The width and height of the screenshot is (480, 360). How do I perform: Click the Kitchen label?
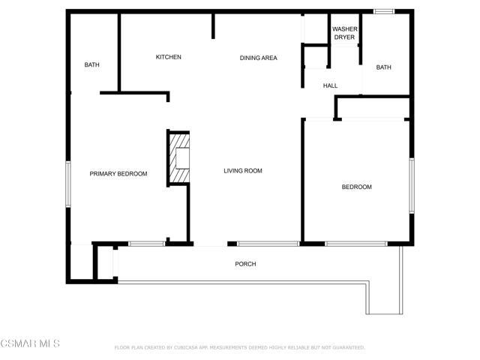[x=169, y=58]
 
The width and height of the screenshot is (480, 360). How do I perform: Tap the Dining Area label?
[x=259, y=58]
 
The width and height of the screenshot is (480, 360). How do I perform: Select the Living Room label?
[x=243, y=171]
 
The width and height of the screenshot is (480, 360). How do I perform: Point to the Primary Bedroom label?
[x=118, y=174]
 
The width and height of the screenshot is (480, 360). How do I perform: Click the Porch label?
[x=245, y=264]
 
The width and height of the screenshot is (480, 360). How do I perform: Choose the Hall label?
[x=330, y=85]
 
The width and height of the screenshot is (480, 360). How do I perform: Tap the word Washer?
[x=345, y=29]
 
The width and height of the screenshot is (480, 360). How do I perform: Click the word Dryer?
[x=345, y=37]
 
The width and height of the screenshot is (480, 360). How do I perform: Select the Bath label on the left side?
[x=91, y=65]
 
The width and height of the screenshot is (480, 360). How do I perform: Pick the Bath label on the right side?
[x=383, y=67]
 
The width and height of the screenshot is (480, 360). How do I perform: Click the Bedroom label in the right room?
[x=357, y=187]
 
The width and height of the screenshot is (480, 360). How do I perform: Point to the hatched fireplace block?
[x=178, y=157]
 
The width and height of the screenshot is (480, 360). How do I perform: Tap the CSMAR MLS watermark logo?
[x=30, y=343]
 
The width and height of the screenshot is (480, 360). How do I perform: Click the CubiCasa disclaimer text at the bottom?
[x=239, y=348]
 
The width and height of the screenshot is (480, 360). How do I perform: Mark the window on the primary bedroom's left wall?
[x=68, y=184]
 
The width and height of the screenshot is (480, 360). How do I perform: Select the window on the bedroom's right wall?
[x=411, y=184]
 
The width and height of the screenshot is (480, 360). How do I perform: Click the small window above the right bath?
[x=385, y=11]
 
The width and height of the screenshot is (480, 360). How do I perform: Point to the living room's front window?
[x=268, y=244]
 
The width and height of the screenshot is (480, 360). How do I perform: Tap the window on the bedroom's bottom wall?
[x=355, y=244]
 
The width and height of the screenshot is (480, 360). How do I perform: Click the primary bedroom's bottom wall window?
[x=146, y=244]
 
